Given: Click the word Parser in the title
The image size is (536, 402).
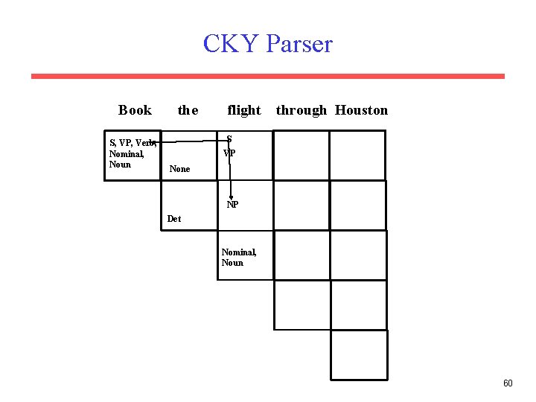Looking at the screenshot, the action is (299, 44).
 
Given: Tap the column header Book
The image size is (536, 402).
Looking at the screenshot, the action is (135, 110).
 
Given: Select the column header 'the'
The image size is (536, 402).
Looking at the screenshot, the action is (188, 110).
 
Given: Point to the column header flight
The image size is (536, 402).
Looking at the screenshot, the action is (244, 110).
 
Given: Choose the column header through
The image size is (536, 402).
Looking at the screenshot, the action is (301, 110).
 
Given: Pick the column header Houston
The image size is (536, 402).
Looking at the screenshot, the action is (361, 110).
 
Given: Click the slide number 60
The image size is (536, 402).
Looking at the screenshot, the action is (508, 383).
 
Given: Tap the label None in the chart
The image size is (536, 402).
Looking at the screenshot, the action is (179, 169).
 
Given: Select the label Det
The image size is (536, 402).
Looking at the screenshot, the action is (174, 219).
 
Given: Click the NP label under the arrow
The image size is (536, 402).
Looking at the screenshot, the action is (232, 205).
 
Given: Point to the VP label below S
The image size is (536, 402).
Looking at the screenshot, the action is (229, 153).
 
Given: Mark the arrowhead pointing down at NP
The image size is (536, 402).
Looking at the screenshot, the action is (231, 198).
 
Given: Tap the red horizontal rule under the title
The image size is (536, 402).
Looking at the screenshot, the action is (267, 76).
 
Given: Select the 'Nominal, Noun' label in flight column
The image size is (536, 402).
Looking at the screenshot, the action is (239, 258).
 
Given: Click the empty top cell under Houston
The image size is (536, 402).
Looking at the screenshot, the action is (357, 155).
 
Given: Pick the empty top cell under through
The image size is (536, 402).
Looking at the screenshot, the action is (301, 155).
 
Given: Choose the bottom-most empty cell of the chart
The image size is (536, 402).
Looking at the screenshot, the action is (359, 355).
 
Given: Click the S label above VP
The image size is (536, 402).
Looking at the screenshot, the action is (229, 139).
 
